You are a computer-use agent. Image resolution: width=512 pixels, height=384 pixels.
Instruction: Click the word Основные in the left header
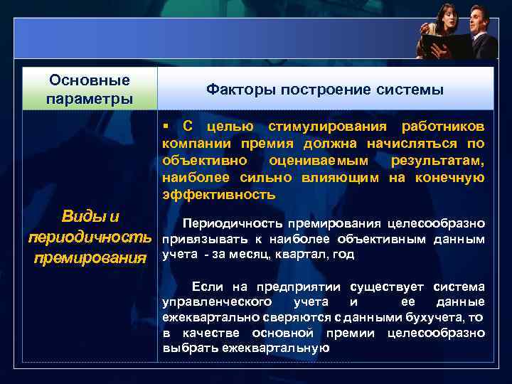pos(89,81)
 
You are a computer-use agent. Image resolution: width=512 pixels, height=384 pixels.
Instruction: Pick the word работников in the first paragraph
pos(444,127)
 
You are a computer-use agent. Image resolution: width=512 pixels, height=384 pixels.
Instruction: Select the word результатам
pos(438,161)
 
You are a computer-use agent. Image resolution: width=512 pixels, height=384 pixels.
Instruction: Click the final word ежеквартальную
pos(275,348)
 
